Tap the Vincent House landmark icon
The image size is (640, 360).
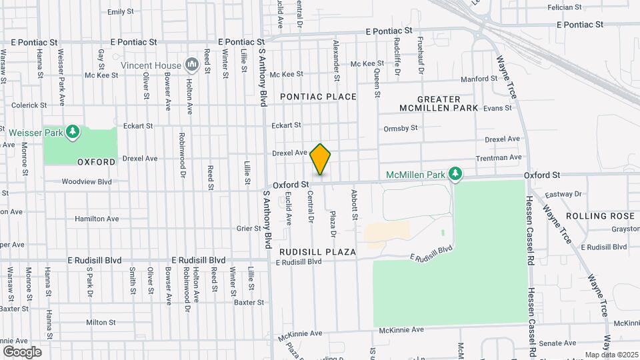(193, 65)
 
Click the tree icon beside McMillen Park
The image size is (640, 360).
(455, 175)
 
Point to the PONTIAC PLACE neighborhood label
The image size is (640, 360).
(318, 97)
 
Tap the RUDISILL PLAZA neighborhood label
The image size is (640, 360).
(318, 252)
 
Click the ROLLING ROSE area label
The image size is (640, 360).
(601, 216)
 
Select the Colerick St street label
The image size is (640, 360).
(29, 105)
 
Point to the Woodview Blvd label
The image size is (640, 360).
(87, 181)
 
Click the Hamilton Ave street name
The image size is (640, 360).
(97, 219)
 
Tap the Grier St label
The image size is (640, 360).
(249, 228)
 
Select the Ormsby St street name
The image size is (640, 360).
(401, 128)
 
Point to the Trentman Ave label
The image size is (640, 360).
(499, 158)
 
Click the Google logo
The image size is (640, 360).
(22, 351)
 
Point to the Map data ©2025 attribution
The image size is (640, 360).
(610, 355)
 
